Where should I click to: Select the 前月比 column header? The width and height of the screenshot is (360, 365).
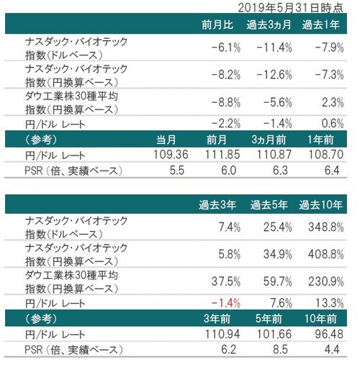pos(219,26)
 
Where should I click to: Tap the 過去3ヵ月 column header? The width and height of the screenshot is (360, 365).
pos(271,26)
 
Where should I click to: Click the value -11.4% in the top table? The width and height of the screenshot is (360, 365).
pos(274,48)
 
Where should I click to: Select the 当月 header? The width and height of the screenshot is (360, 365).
pos(175,138)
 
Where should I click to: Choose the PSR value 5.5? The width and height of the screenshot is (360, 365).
pos(180,170)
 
